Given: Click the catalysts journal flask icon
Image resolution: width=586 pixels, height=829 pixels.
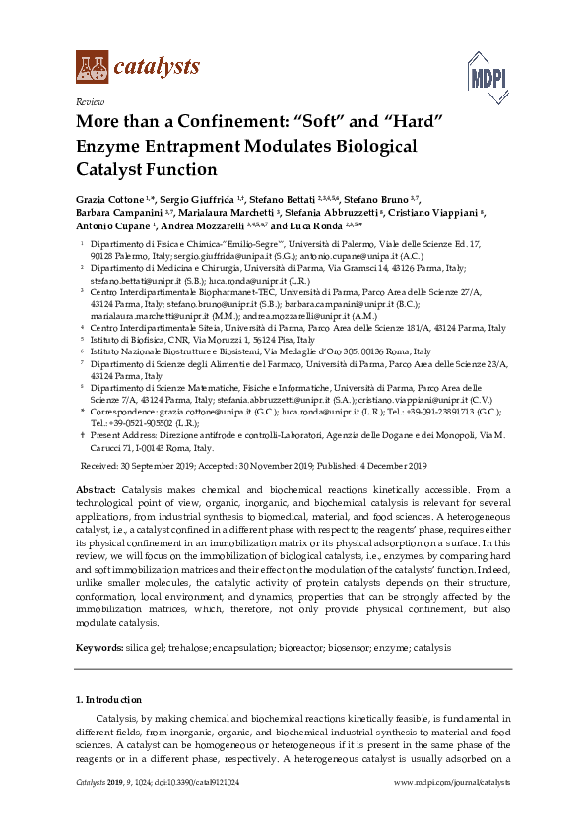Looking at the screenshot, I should click(x=92, y=67).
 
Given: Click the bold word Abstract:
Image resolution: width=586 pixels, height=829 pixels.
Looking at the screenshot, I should click(x=97, y=490).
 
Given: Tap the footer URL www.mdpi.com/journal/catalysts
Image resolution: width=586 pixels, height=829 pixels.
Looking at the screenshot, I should click(x=451, y=782).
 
